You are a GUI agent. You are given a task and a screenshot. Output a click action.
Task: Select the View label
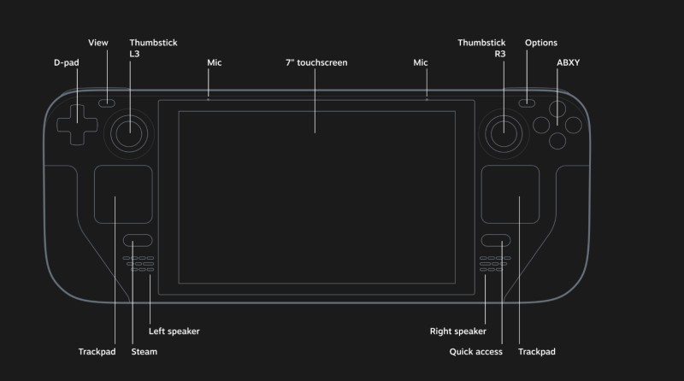tap(98, 42)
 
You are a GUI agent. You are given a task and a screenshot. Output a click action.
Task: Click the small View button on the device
tap(107, 103)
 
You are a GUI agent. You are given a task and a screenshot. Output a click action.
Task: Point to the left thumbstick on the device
tap(130, 130)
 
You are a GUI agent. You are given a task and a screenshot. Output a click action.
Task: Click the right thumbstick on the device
tap(502, 130)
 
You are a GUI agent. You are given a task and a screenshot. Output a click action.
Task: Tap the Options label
tap(541, 42)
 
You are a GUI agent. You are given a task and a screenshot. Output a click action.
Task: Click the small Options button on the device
tap(528, 103)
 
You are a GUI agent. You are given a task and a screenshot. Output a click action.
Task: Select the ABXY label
tap(568, 62)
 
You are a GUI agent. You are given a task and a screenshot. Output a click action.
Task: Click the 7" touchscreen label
tap(316, 62)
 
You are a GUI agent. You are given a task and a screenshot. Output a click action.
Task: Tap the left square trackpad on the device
tap(123, 196)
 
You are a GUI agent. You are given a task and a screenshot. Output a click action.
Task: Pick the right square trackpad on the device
tap(510, 196)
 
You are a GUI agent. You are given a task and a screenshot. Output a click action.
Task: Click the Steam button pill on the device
tap(138, 241)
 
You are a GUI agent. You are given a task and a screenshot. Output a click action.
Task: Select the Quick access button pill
tap(495, 241)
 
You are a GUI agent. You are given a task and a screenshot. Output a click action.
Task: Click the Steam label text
tap(144, 351)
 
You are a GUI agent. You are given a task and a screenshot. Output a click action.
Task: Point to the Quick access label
tap(475, 351)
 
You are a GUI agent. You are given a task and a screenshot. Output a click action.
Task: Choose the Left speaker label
tap(174, 331)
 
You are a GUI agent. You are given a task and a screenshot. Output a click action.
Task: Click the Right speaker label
tap(457, 331)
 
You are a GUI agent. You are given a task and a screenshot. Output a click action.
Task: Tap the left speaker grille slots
tap(139, 264)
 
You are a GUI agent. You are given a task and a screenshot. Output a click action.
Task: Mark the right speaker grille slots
tap(495, 264)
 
